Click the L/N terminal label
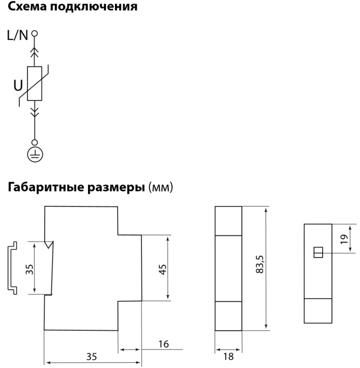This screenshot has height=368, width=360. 18,36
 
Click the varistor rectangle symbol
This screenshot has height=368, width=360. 34,84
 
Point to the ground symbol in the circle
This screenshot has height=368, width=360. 35,155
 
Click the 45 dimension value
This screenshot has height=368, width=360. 163,268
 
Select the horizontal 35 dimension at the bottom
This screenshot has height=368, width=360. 91,356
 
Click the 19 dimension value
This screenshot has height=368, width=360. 343,238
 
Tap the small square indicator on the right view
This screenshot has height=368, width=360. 318,253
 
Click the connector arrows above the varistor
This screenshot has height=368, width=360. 34,51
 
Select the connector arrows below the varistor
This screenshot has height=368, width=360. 34,111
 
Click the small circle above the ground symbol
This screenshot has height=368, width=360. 34,143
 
